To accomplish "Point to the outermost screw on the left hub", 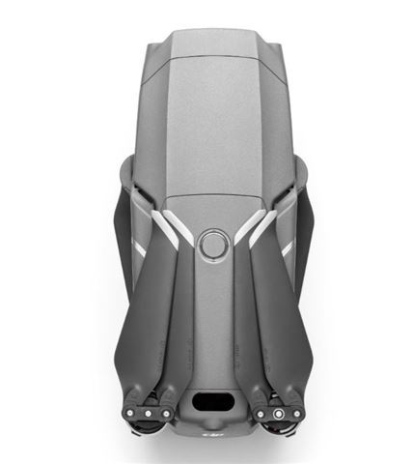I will pyautogui.click(x=127, y=414).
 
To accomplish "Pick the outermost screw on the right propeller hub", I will pyautogui.click(x=297, y=414).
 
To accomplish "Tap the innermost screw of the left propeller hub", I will pyautogui.click(x=166, y=414).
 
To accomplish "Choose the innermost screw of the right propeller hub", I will pyautogui.click(x=259, y=414).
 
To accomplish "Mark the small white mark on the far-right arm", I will pyautogui.click(x=287, y=248).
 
